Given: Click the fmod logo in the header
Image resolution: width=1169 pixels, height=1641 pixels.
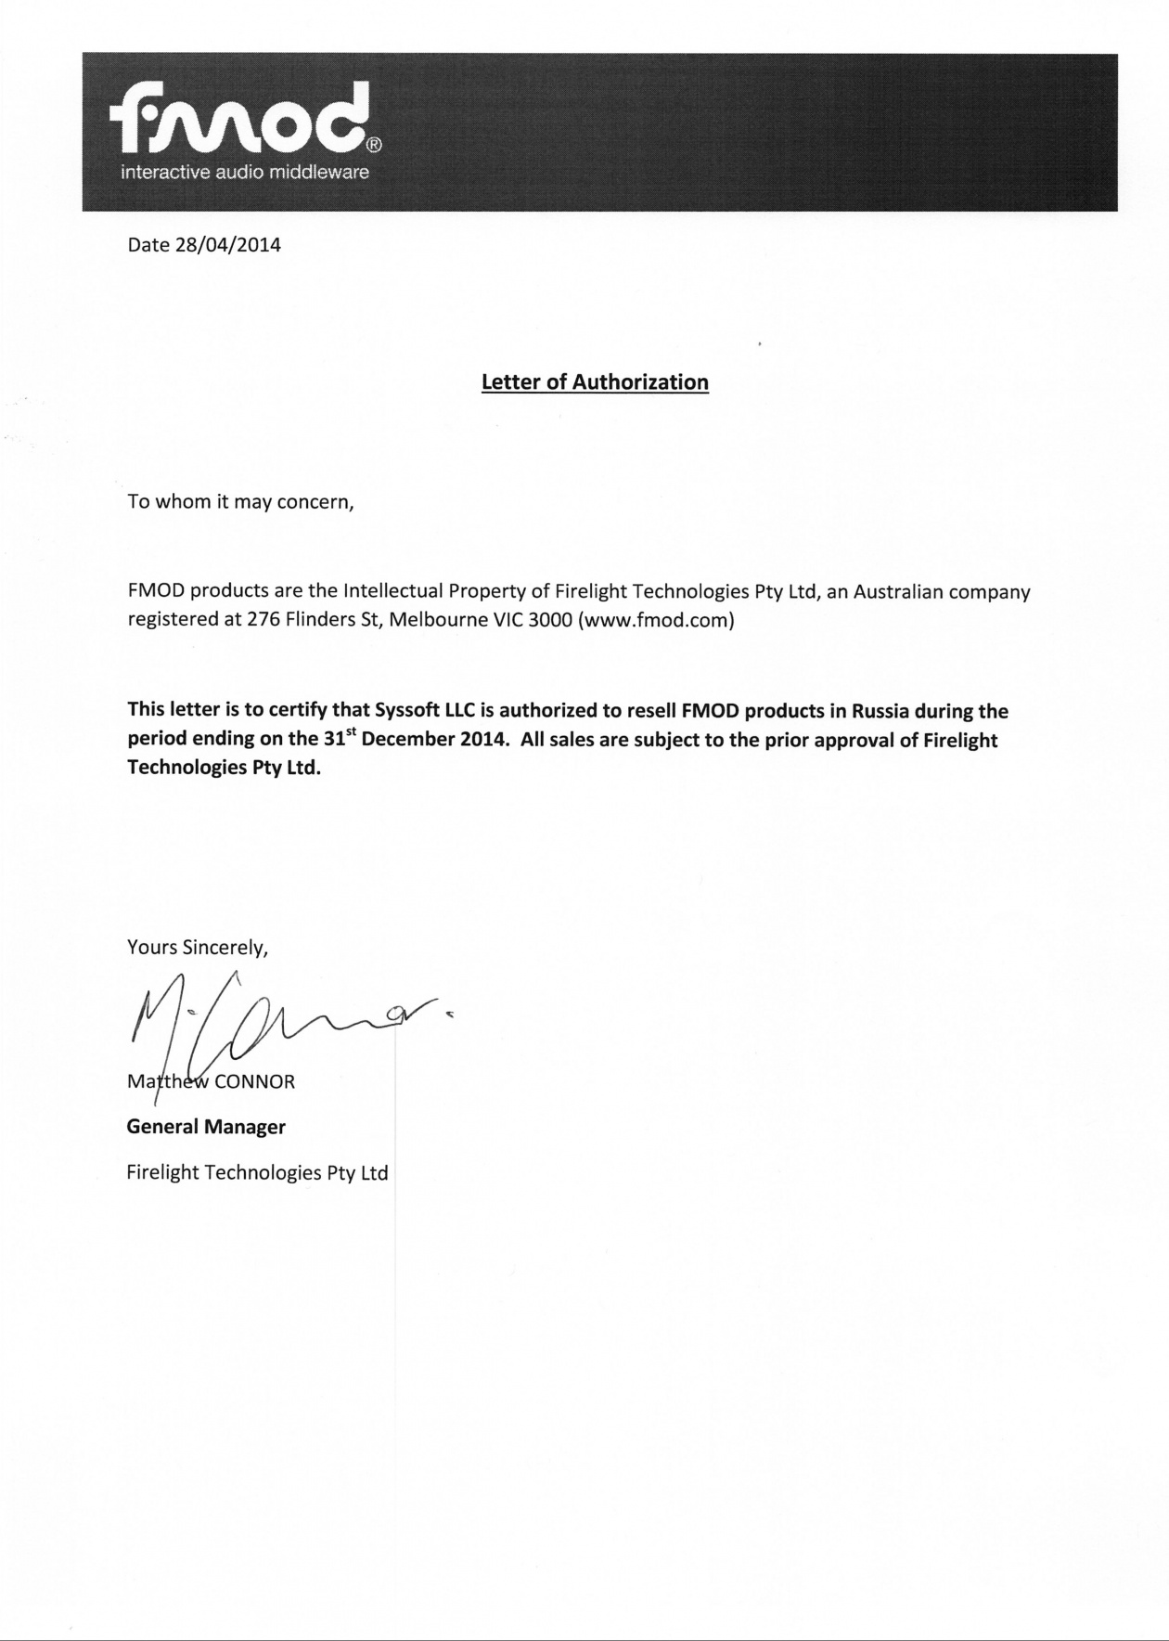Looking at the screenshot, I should click(x=239, y=123).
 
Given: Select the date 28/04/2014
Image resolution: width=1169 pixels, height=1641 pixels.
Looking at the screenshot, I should click(x=227, y=246).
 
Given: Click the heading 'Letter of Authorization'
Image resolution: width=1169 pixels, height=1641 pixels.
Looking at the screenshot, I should click(x=595, y=382).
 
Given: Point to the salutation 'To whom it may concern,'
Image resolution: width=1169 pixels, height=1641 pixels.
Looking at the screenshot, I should click(x=241, y=503).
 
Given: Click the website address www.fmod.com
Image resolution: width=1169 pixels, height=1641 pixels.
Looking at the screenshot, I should click(x=656, y=620).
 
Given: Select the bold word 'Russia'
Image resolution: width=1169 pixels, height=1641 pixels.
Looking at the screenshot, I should click(x=880, y=712).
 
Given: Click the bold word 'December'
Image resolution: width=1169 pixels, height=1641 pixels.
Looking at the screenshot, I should click(x=408, y=741).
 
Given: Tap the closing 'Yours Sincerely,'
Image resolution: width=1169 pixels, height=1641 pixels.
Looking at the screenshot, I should click(x=198, y=948).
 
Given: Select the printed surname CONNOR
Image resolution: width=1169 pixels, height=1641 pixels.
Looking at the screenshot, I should click(x=254, y=1082).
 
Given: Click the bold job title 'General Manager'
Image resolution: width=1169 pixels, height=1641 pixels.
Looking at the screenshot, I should click(x=206, y=1127).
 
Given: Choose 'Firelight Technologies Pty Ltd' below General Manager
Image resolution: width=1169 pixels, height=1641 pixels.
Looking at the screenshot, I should click(x=257, y=1172).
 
